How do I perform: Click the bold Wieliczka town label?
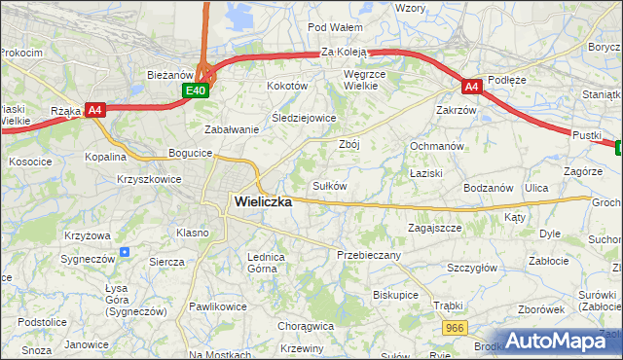click(263, 201)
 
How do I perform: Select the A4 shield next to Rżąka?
click(94, 110)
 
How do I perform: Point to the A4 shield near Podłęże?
click(471, 87)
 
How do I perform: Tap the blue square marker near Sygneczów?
click(125, 252)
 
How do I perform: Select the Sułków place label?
click(329, 185)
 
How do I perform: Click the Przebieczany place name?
click(368, 254)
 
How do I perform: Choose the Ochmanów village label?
click(434, 145)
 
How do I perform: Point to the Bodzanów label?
click(489, 187)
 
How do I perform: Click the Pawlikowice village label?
click(218, 306)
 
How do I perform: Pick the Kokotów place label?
click(287, 86)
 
